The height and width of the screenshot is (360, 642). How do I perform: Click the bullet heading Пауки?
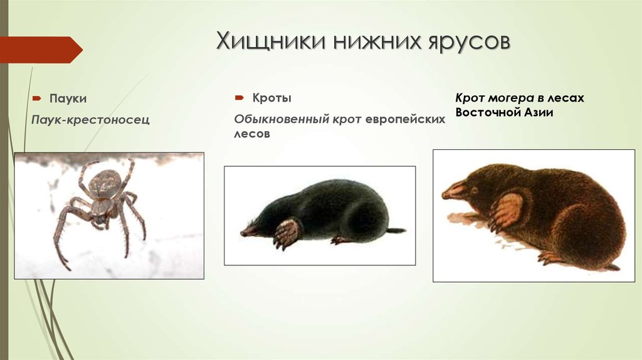(68, 98)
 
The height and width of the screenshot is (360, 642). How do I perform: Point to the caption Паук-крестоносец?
(91, 119)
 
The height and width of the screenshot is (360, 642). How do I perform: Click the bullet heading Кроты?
(271, 98)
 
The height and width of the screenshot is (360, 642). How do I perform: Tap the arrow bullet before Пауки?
(37, 99)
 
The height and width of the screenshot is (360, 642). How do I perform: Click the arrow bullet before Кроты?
(239, 99)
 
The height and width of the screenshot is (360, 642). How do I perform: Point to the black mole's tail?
(396, 230)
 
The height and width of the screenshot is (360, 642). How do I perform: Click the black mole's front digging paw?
(287, 232)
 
